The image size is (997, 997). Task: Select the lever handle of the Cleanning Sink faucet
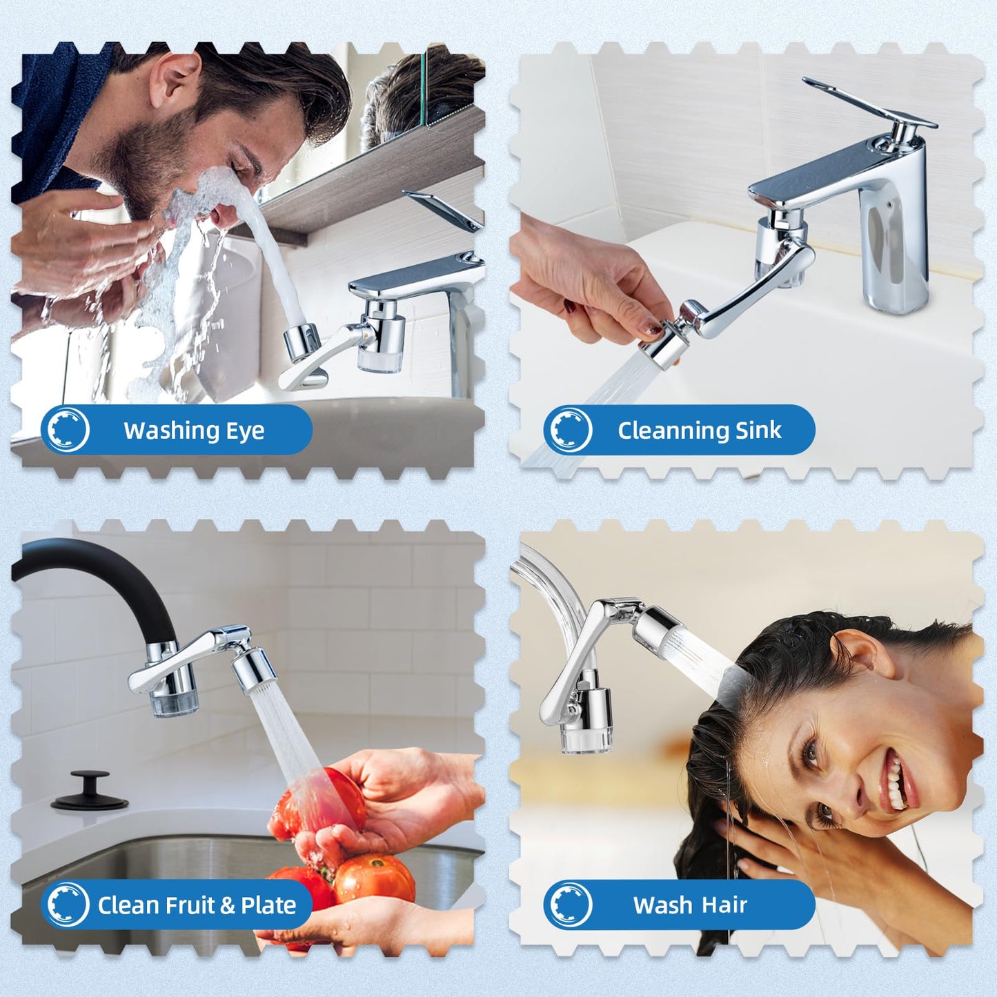[x=869, y=104]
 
